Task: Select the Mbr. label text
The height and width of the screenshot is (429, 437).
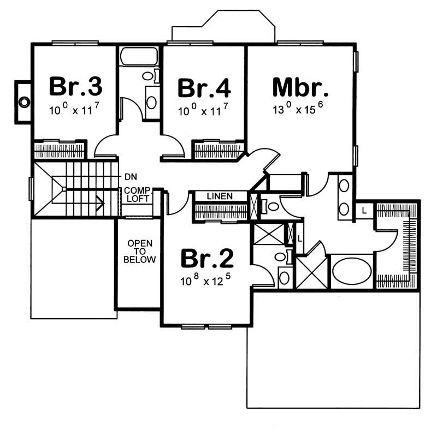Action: click(x=300, y=87)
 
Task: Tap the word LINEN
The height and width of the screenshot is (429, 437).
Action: click(x=220, y=195)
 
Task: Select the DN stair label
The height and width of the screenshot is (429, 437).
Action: click(x=130, y=177)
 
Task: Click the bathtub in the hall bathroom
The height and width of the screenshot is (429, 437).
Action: click(x=139, y=57)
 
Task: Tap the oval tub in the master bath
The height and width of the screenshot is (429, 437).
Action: click(x=352, y=271)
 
